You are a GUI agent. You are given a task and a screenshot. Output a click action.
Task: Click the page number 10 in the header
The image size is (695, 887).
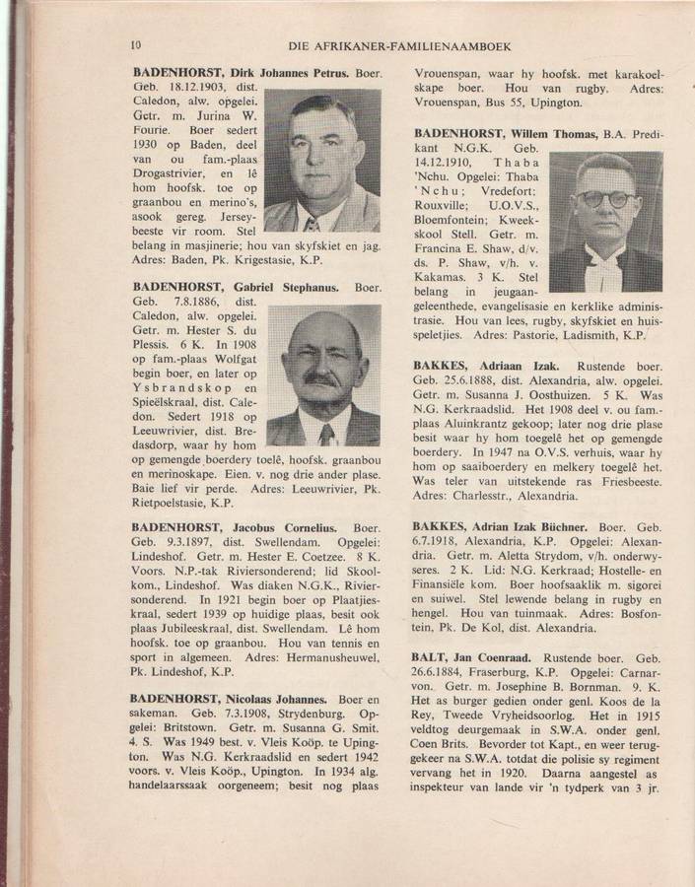coord(137,43)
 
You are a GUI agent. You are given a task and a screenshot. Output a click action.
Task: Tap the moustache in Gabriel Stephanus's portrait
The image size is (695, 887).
coord(322,378)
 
